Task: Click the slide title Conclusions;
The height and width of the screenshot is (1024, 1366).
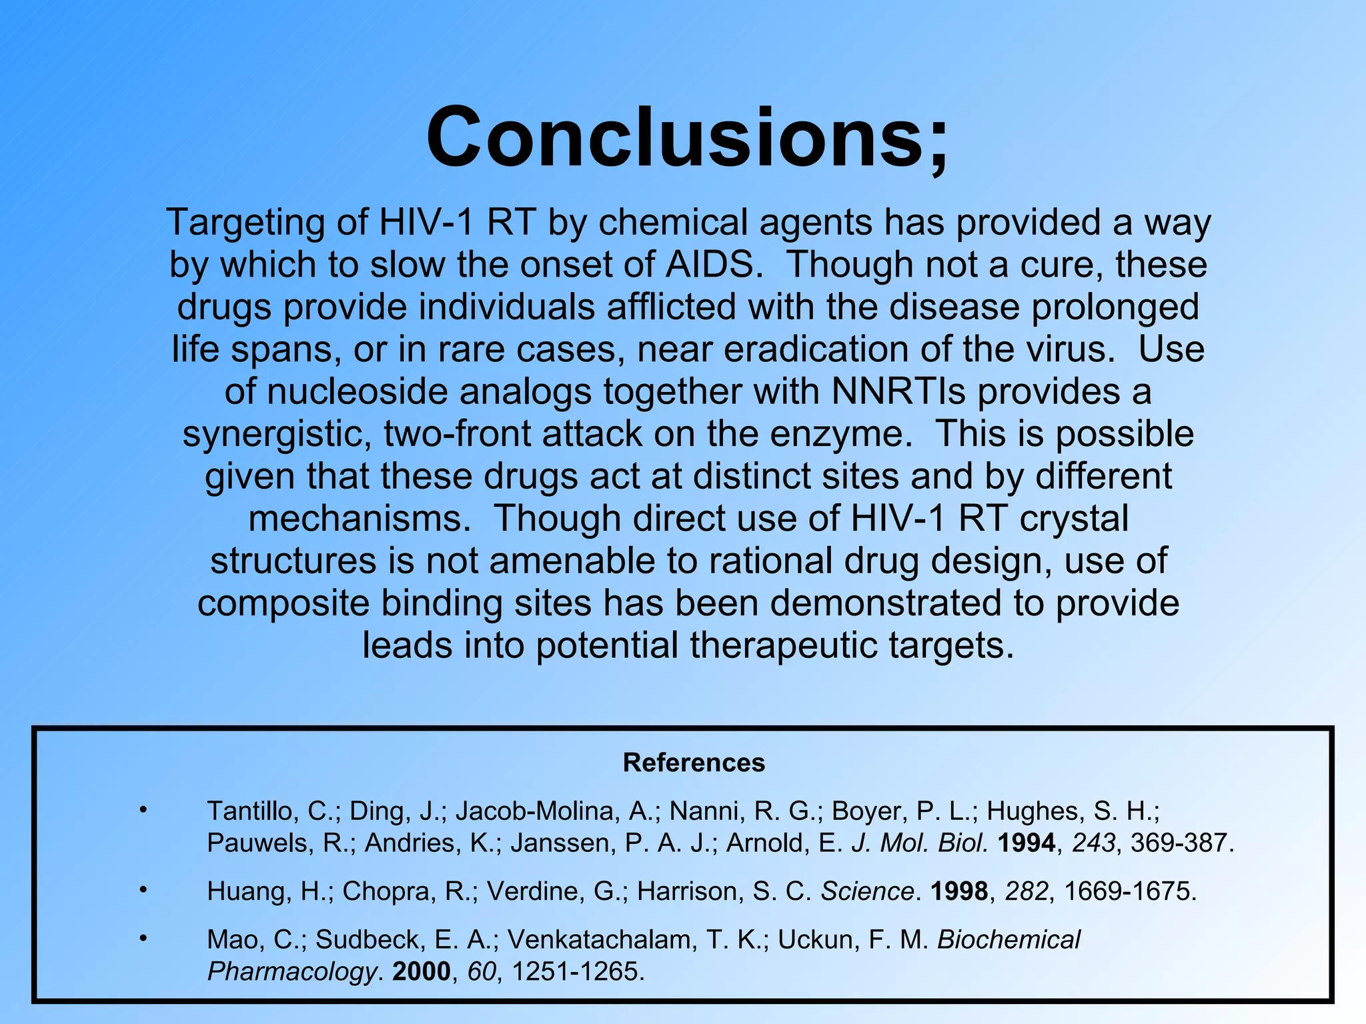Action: click(x=687, y=138)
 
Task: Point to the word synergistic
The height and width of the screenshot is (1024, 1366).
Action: click(x=277, y=435)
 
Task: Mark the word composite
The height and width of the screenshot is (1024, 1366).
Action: click(x=283, y=603)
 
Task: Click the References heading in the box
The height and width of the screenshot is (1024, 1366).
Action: click(x=694, y=763)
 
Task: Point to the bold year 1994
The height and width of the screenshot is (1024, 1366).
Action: click(x=1027, y=843)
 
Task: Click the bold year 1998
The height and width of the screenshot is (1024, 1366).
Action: click(x=959, y=891)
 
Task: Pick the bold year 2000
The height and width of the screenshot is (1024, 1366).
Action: click(x=422, y=971)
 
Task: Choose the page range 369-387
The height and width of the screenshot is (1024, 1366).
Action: click(x=1179, y=843)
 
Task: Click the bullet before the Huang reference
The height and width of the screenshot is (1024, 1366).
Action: click(x=143, y=890)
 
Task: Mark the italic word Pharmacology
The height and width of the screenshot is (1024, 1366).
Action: click(x=292, y=972)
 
